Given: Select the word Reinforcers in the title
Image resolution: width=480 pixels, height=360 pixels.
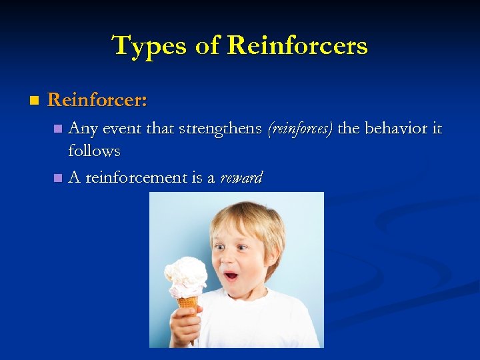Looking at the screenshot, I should (x=297, y=46).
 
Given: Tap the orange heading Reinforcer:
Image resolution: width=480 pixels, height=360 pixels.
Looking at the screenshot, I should (x=97, y=100).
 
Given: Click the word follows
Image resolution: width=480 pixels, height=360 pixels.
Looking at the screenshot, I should (x=94, y=151).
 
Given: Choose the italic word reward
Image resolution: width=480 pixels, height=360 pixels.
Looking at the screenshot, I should (x=241, y=178).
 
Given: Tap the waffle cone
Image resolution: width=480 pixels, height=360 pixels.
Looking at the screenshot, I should (x=188, y=306).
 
